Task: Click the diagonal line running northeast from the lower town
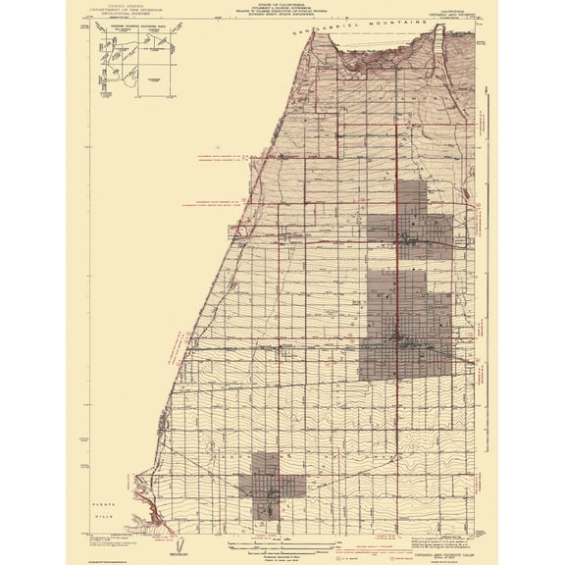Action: [x=334, y=461]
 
